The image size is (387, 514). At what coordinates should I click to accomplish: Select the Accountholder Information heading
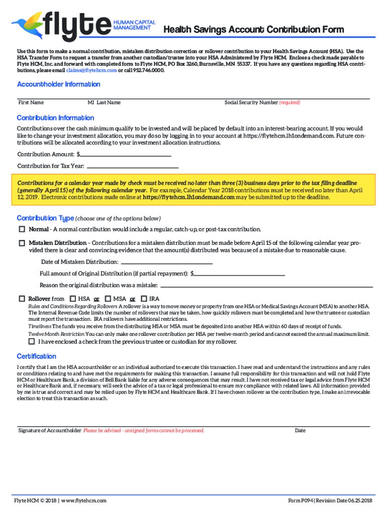(x=58, y=84)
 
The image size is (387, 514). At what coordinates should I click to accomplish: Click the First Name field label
(x=31, y=102)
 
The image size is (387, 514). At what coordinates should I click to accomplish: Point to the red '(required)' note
(x=289, y=102)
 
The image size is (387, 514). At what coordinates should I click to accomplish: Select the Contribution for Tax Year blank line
(x=133, y=166)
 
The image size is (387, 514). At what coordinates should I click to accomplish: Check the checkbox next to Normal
(x=22, y=229)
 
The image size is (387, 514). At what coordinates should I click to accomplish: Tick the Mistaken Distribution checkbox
(x=22, y=243)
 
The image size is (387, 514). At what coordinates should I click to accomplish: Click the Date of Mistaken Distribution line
(x=166, y=262)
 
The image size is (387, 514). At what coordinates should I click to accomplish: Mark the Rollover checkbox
(x=22, y=299)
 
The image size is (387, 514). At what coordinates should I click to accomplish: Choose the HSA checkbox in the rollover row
(x=72, y=299)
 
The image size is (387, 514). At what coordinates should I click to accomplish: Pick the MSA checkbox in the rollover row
(x=108, y=299)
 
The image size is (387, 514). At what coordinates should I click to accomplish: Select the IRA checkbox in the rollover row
(x=144, y=299)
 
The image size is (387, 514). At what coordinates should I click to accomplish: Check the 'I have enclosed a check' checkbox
(x=32, y=342)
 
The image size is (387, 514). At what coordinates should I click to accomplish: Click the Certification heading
(x=36, y=356)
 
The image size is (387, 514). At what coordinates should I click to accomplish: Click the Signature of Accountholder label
(x=50, y=431)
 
